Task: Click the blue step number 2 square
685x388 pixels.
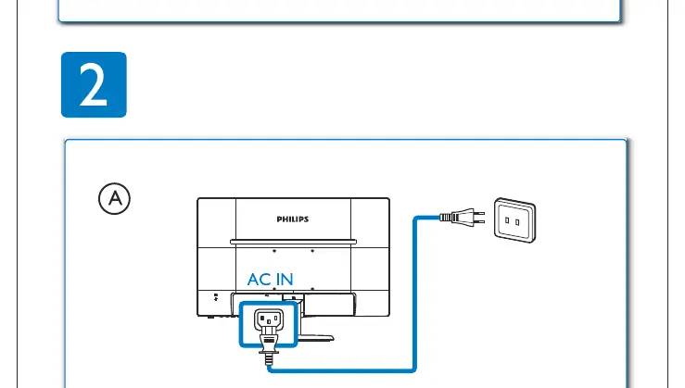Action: coord(94,84)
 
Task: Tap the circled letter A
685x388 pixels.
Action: coord(114,198)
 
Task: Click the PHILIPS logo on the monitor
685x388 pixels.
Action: coord(293,219)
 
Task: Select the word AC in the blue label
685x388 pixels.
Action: coord(259,280)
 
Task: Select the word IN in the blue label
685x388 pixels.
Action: coord(285,280)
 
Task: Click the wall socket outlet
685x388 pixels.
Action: coord(515,220)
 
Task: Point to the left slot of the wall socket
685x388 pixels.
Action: coord(507,220)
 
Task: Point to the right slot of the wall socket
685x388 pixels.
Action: coord(517,222)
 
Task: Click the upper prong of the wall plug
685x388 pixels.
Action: coord(479,213)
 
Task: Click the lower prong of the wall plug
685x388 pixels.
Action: coord(479,221)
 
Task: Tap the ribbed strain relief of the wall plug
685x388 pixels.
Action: coord(445,217)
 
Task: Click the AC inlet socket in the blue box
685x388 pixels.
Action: coord(269,319)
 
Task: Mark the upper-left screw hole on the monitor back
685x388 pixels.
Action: coord(274,251)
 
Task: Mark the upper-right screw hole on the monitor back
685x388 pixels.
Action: coord(312,251)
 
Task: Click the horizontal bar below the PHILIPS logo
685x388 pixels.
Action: coord(293,242)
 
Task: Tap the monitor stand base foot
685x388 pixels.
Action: coord(316,337)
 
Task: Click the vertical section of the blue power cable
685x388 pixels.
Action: coord(414,294)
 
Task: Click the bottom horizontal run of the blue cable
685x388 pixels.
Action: coord(341,370)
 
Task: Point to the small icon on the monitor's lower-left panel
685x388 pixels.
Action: coord(215,297)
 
